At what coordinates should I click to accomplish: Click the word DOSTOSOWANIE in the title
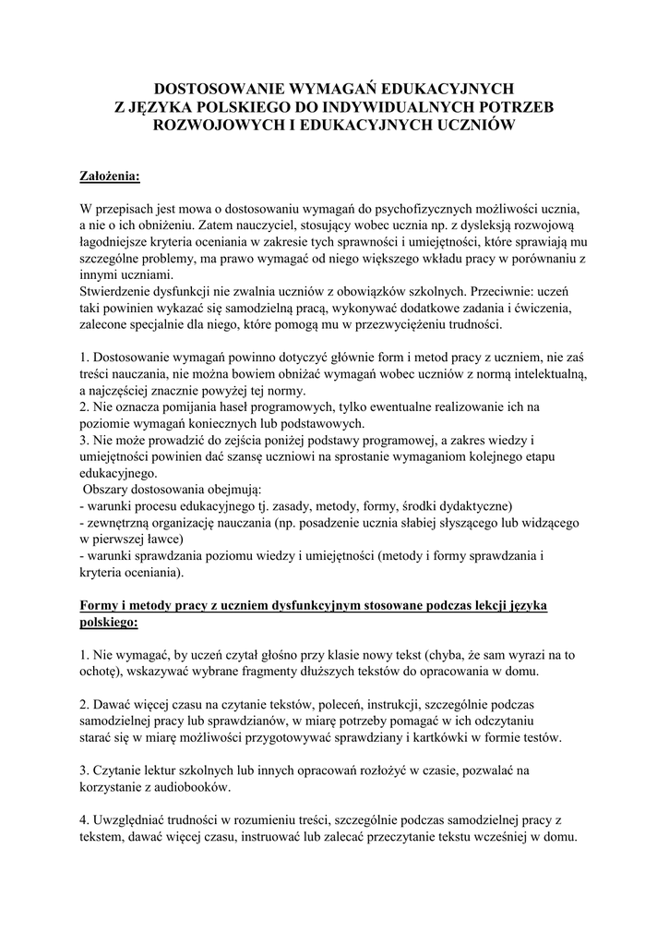pyautogui.click(x=213, y=89)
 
